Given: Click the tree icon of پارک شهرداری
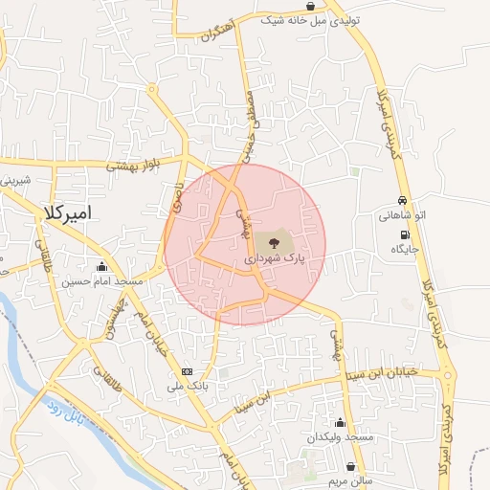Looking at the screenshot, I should tap(275, 241).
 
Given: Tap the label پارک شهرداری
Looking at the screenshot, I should tap(275, 258).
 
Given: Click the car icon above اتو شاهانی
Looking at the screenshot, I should tap(403, 201).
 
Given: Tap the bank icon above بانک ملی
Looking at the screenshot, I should tap(187, 371).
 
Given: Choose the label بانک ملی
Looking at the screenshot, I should tap(187, 387).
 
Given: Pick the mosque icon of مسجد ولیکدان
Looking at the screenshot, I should tap(340, 422).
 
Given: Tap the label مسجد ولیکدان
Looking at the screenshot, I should tap(339, 437).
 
